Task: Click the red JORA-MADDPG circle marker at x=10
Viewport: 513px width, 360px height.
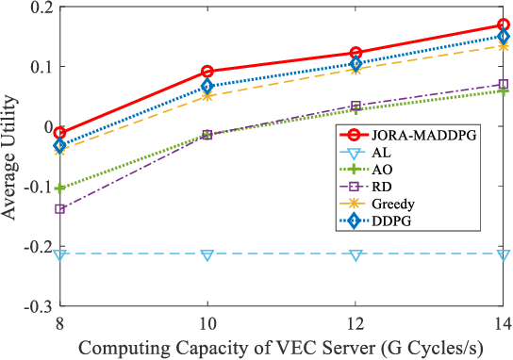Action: click(207, 72)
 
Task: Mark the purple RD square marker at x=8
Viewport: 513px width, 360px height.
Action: click(59, 209)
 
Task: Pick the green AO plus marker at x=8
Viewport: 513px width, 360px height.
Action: click(59, 188)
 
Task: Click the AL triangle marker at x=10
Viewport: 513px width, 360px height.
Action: click(207, 254)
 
